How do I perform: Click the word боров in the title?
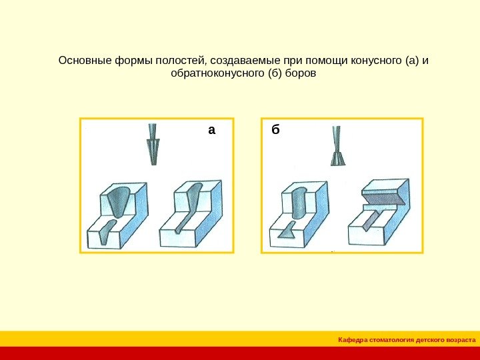pos(301,73)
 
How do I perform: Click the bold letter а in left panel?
pos(211,130)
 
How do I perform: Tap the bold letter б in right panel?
pos(275,129)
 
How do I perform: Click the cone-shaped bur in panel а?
pos(153,144)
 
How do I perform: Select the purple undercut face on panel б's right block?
pos(383,199)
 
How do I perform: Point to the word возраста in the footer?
pos(462,340)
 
